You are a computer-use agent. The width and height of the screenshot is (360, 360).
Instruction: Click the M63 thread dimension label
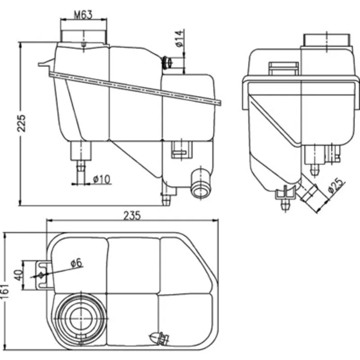(83, 15)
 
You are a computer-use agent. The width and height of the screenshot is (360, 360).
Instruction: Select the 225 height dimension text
(22, 123)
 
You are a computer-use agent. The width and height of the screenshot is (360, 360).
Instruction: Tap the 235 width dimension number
(132, 216)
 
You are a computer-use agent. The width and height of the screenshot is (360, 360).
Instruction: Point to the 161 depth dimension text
(4, 291)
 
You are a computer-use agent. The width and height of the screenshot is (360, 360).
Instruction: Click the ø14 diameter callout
(180, 38)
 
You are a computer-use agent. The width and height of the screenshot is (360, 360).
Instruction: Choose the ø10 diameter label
(102, 179)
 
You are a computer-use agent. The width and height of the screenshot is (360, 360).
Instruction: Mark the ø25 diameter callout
(336, 185)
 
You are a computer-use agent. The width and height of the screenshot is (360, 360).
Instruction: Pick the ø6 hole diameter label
(76, 263)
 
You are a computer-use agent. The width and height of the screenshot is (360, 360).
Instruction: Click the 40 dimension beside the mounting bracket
(18, 275)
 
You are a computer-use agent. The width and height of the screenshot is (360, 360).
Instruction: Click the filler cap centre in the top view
(81, 319)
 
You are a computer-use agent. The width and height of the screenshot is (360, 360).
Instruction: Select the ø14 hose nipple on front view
(167, 63)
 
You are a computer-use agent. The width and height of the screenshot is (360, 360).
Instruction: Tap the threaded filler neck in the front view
(84, 37)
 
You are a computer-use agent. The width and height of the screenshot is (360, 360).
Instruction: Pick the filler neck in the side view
(327, 40)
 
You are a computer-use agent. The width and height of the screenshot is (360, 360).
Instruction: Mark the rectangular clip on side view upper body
(283, 68)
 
